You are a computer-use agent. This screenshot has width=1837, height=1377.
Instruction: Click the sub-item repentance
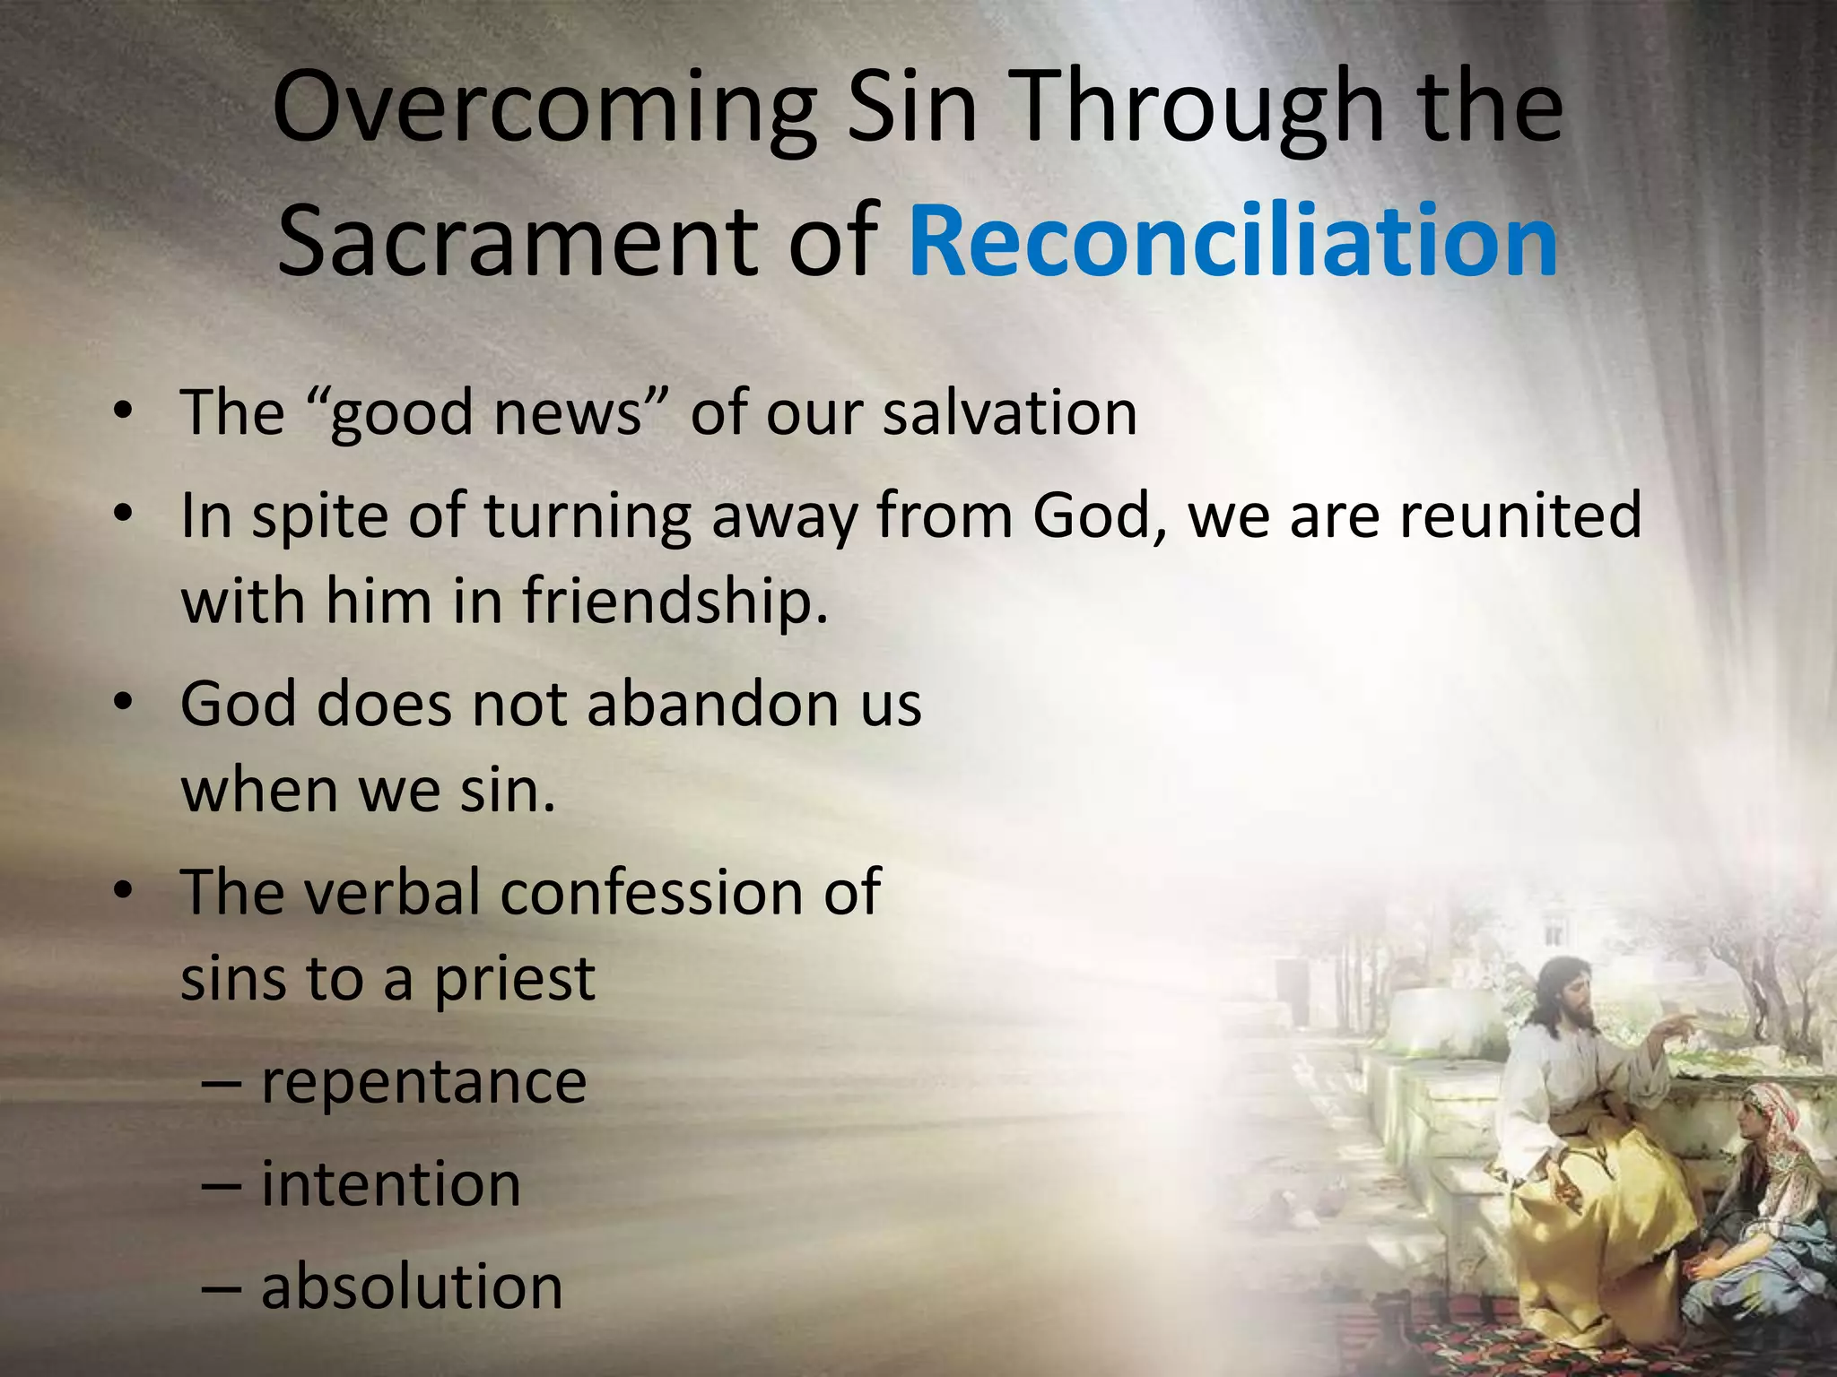[x=423, y=1082]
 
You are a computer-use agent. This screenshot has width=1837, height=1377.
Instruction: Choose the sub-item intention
[x=390, y=1184]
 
